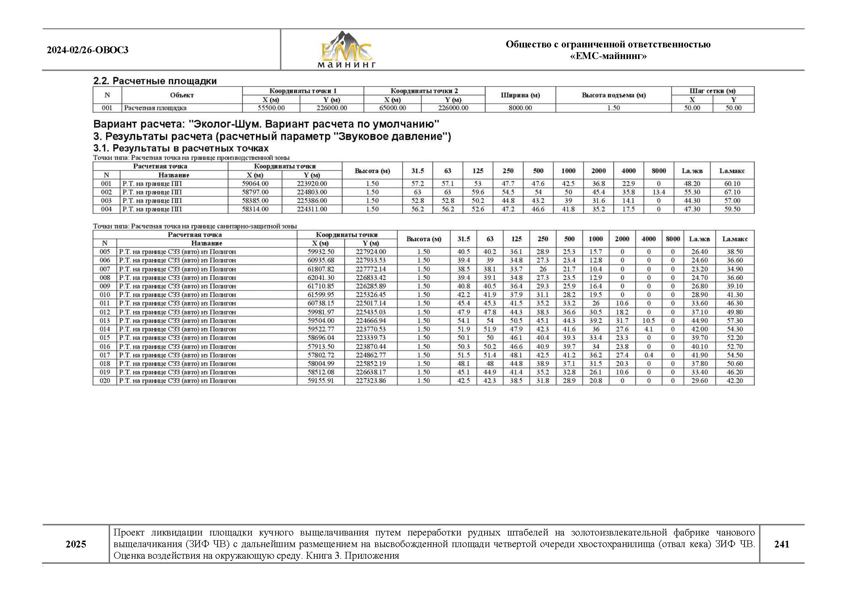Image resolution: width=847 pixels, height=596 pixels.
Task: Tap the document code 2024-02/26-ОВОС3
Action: coord(87,50)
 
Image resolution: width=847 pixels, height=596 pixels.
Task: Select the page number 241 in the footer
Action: coord(781,544)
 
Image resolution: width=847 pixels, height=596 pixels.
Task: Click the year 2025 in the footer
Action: coord(76,544)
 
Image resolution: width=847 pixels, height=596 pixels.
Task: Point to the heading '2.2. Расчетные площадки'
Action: coord(155,81)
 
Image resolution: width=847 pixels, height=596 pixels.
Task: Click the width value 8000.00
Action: coord(520,108)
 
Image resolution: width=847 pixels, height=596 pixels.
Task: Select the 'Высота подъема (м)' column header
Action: coord(613,95)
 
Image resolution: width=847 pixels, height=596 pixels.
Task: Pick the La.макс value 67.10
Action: coord(732,192)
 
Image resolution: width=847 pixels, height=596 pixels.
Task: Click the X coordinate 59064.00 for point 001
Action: coord(255,184)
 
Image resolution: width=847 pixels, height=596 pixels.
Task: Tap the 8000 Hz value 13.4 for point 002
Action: coord(658,192)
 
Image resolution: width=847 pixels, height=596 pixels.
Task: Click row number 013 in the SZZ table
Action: coord(105,320)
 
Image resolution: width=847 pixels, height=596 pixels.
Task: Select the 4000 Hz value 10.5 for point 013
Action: coord(648,320)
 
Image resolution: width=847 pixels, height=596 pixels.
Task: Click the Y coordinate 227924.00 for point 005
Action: coord(371,252)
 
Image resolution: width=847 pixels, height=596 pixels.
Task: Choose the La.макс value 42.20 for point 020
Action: coord(734,381)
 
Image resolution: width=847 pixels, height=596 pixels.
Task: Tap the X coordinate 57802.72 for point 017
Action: coord(320,355)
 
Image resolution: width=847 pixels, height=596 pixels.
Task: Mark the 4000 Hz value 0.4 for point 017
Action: coord(648,355)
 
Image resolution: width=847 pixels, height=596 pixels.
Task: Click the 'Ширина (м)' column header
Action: coord(520,95)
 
